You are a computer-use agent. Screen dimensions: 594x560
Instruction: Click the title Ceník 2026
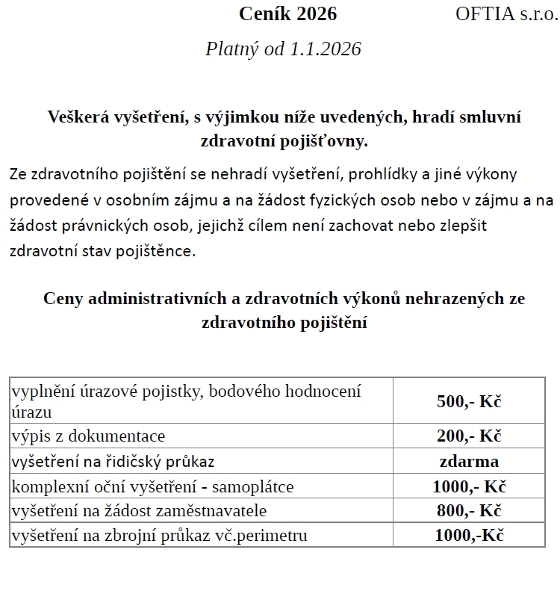pyautogui.click(x=287, y=13)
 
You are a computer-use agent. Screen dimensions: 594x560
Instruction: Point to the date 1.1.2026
pyautogui.click(x=326, y=49)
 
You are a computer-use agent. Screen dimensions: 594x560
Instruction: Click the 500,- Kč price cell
pyautogui.click(x=469, y=400)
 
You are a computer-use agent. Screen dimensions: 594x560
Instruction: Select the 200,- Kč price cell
pyautogui.click(x=469, y=436)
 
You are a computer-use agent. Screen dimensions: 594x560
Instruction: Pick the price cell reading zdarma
pyautogui.click(x=469, y=461)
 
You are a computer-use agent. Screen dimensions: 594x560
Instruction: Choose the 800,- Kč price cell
pyautogui.click(x=469, y=511)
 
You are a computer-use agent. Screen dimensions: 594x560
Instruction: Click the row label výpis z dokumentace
pyautogui.click(x=88, y=436)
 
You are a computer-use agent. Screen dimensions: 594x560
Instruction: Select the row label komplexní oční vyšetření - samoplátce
pyautogui.click(x=152, y=486)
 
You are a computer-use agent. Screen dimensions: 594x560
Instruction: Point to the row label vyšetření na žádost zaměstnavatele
pyautogui.click(x=139, y=511)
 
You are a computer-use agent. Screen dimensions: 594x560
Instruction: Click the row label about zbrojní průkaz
pyautogui.click(x=159, y=536)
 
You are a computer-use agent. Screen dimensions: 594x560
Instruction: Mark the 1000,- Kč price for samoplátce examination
pyautogui.click(x=469, y=486)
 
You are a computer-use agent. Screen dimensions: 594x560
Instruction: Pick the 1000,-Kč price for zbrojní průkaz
pyautogui.click(x=469, y=536)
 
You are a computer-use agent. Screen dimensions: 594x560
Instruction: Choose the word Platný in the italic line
pyautogui.click(x=231, y=49)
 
